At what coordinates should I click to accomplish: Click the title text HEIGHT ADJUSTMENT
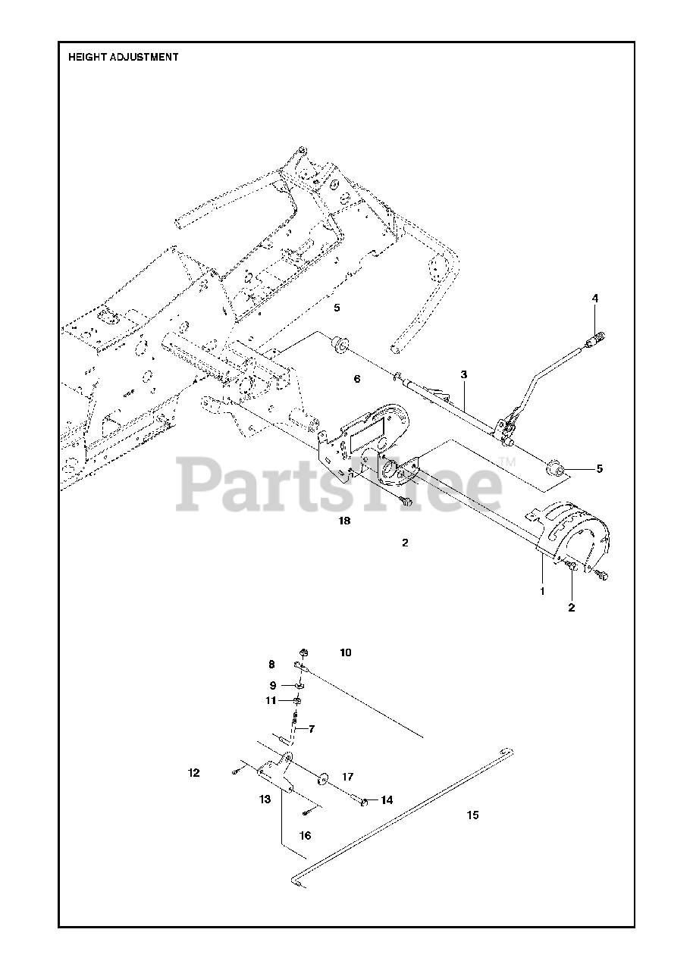[x=124, y=57]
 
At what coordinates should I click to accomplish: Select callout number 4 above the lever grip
[x=595, y=299]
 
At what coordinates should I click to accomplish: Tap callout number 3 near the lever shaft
[x=463, y=374]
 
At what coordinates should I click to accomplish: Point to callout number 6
[x=357, y=377]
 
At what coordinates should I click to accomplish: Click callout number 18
[x=345, y=521]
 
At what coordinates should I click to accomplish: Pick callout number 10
[x=346, y=652]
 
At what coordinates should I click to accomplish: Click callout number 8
[x=271, y=665]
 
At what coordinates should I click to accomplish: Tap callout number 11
[x=271, y=701]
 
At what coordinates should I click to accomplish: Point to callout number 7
[x=312, y=729]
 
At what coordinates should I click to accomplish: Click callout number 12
[x=194, y=773]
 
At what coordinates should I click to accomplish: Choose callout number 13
[x=264, y=799]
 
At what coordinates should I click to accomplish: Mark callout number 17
[x=347, y=777]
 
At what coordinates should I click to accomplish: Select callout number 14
[x=387, y=799]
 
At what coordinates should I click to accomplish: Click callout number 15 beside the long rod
[x=472, y=815]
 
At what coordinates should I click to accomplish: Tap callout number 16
[x=305, y=836]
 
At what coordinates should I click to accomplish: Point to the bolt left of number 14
[x=362, y=799]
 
